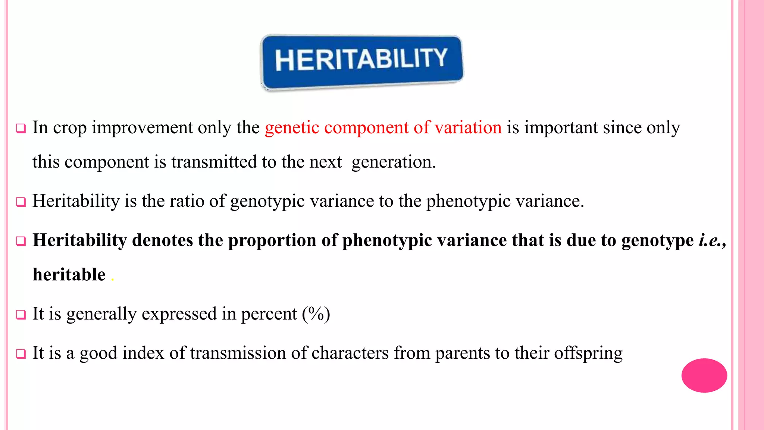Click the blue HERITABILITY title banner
pyautogui.click(x=361, y=62)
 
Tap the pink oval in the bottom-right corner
pyautogui.click(x=704, y=375)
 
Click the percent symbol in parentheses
pyautogui.click(x=316, y=314)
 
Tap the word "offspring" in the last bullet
pyautogui.click(x=588, y=353)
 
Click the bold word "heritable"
pyautogui.click(x=69, y=275)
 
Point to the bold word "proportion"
pyautogui.click(x=272, y=240)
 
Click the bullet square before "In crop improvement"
pyautogui.click(x=21, y=129)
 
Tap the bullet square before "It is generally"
pyautogui.click(x=21, y=315)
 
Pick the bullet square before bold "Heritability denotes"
pyautogui.click(x=21, y=241)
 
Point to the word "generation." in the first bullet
pyautogui.click(x=394, y=162)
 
